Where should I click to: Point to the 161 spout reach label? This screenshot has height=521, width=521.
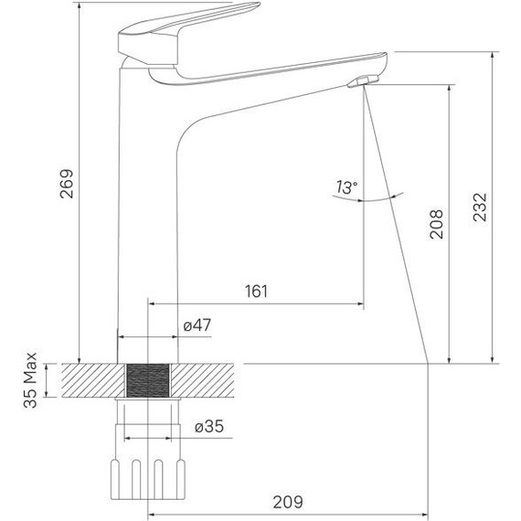[x=258, y=292]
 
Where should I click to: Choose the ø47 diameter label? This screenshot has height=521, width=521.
[x=197, y=325]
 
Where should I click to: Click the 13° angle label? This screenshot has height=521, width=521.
[x=346, y=187]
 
